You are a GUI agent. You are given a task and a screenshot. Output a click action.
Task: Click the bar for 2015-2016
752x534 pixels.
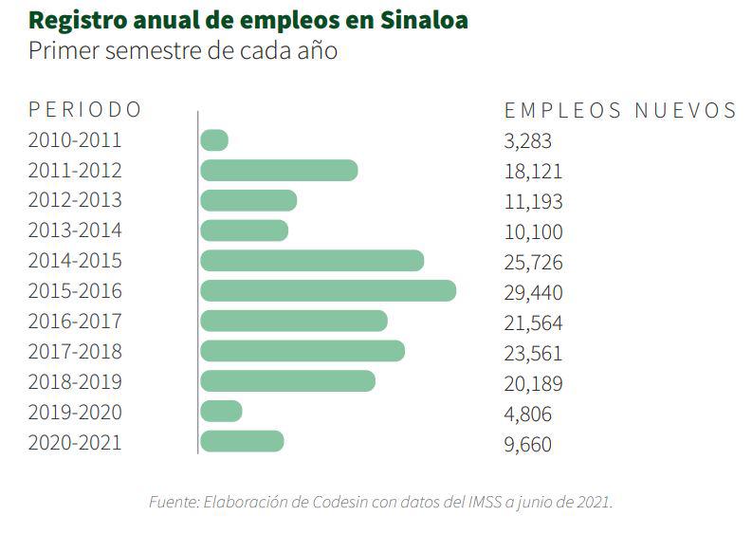click(x=328, y=291)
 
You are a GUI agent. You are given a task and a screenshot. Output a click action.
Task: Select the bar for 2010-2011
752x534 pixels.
click(x=214, y=140)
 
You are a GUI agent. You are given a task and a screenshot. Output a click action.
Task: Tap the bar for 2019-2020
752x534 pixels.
click(x=221, y=412)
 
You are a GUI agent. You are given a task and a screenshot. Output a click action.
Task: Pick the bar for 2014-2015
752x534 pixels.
click(x=312, y=261)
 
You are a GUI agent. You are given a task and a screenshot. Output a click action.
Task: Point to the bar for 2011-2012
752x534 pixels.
click(x=279, y=171)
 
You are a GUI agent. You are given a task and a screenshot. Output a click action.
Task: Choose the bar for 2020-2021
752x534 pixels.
click(x=242, y=442)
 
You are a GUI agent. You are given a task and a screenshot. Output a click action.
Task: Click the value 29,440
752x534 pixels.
click(x=533, y=292)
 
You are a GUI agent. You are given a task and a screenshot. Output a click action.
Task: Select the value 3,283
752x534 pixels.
click(x=527, y=141)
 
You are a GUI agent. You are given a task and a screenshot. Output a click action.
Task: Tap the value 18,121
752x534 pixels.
click(x=533, y=172)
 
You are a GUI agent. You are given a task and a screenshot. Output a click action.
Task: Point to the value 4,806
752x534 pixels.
click(x=527, y=414)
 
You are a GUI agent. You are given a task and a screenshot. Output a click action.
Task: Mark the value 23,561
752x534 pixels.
click(x=533, y=353)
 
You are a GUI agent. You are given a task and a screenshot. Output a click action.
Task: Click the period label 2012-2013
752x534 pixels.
click(x=75, y=201)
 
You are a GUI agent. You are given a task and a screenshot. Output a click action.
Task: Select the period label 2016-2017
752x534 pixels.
click(x=75, y=322)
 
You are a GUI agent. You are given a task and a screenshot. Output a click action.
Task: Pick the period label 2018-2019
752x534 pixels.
click(x=75, y=382)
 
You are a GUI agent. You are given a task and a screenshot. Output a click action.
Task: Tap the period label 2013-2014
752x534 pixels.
click(x=75, y=231)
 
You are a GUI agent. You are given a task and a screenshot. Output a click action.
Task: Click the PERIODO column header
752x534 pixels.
click(x=84, y=110)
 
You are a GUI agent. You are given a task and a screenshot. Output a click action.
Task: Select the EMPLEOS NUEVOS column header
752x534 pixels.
click(x=620, y=111)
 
